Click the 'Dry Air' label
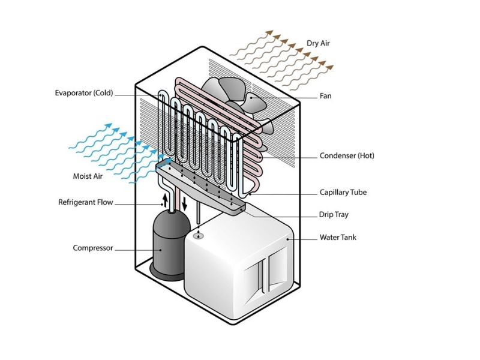click(319, 43)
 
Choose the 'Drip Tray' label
click(333, 215)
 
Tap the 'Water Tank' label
click(338, 238)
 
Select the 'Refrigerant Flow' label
click(85, 202)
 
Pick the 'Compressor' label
click(92, 248)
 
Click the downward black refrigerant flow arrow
click(185, 202)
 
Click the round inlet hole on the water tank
click(199, 236)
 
